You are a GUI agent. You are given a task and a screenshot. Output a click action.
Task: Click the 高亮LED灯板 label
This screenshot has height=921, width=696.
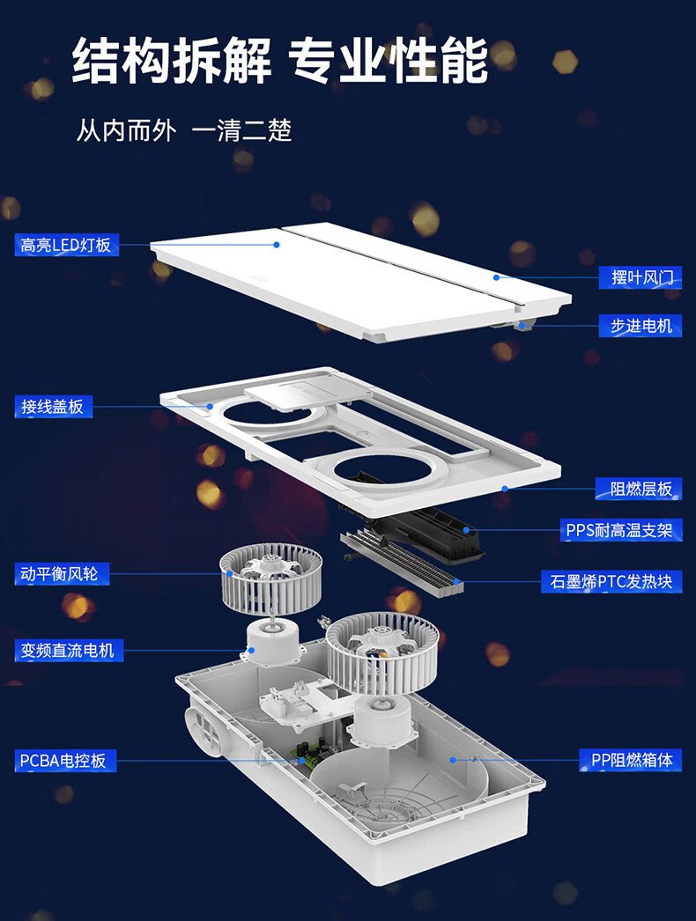coord(66,245)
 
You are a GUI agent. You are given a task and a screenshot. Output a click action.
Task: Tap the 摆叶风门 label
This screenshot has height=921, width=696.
coord(640,277)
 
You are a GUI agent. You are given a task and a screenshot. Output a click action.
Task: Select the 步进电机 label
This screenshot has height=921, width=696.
coord(640,326)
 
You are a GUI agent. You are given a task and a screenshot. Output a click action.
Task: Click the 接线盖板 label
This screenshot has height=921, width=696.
coord(54,407)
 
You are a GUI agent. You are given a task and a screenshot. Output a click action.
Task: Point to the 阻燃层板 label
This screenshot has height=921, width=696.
coord(639,489)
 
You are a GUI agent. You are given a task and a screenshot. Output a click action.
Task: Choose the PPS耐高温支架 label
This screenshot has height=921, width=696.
coord(621,530)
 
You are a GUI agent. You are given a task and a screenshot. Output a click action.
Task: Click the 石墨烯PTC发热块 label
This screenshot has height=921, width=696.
coord(611,581)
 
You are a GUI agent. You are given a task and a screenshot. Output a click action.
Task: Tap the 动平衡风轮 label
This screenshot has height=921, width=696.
coord(62,574)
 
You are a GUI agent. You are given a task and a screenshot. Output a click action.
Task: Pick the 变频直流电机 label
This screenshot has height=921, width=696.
coord(69,650)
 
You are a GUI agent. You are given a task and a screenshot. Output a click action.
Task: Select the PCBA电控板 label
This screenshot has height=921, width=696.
coord(65,761)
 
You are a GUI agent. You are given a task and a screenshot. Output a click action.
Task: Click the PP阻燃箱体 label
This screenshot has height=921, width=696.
coord(631,760)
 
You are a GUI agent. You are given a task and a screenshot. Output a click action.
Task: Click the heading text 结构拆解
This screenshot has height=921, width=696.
coord(172,61)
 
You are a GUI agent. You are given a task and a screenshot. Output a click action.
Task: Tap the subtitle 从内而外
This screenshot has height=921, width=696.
coord(126,129)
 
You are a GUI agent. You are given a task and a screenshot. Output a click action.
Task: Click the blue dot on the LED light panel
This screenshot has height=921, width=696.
coord(277,245)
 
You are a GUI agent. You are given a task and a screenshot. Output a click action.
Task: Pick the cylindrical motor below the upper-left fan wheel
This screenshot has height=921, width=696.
coord(274,644)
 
